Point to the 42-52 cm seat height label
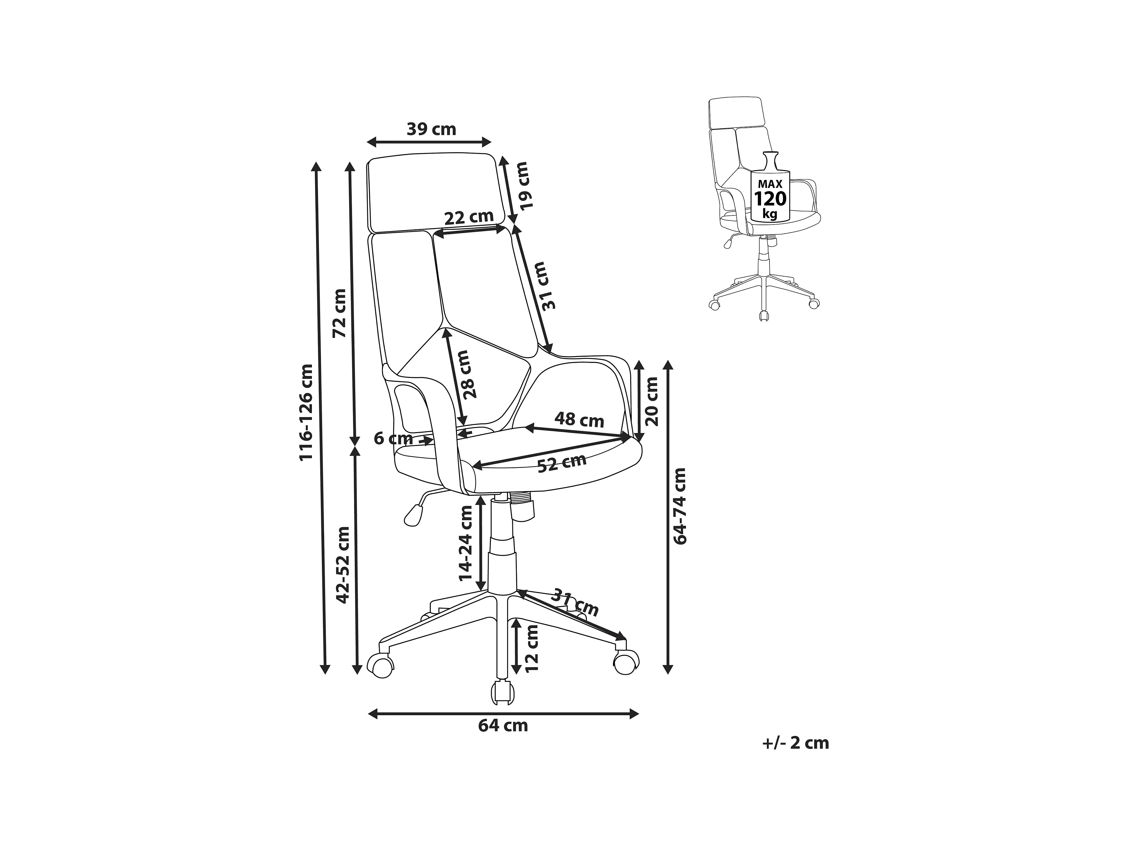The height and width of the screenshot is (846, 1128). coord(343,565)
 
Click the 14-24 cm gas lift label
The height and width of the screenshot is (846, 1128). coord(466,543)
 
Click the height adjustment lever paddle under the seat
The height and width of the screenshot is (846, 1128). coord(414,515)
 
